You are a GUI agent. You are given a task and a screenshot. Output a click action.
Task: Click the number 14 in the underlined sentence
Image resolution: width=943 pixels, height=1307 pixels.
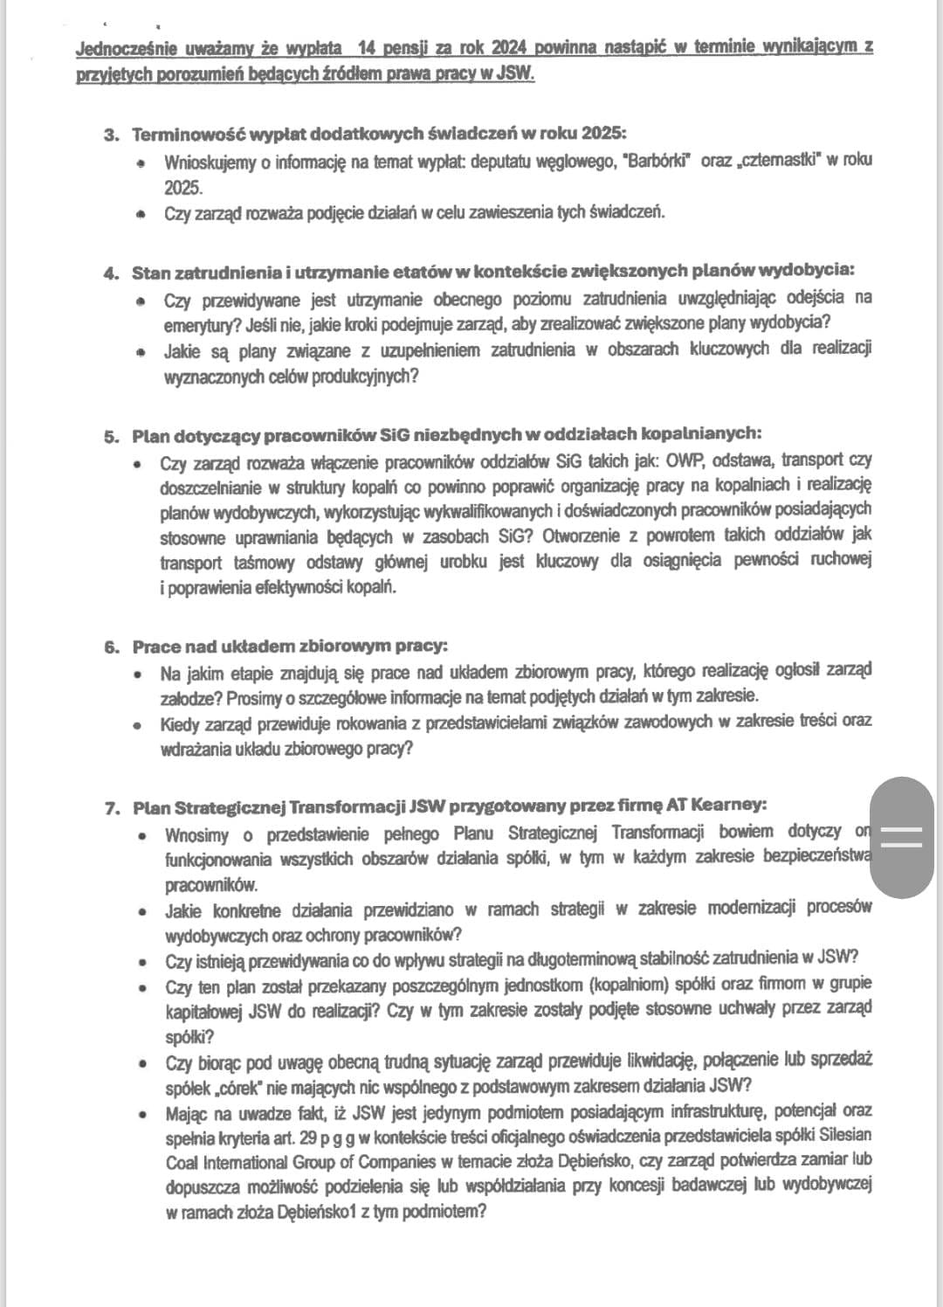pyautogui.click(x=379, y=46)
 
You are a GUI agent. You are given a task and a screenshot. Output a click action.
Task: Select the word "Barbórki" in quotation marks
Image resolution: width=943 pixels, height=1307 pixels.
pyautogui.click(x=659, y=162)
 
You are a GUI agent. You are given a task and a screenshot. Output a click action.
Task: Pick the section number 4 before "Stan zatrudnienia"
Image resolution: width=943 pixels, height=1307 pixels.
pyautogui.click(x=110, y=273)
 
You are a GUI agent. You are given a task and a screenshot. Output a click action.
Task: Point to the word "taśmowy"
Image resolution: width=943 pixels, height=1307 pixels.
pyautogui.click(x=264, y=563)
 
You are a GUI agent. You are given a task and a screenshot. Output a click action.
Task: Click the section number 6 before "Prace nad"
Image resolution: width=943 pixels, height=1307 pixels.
pyautogui.click(x=111, y=647)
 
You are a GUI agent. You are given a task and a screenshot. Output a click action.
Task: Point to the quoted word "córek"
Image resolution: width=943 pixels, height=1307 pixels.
pyautogui.click(x=217, y=1087)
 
